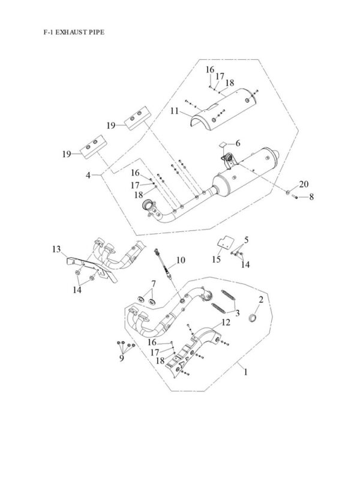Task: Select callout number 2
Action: coord(261,299)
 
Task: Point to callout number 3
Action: coord(237,314)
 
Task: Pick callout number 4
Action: coord(89,175)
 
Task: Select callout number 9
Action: coord(122,357)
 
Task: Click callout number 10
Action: coord(181,260)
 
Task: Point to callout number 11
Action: coord(174,111)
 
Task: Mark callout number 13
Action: coord(56,248)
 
